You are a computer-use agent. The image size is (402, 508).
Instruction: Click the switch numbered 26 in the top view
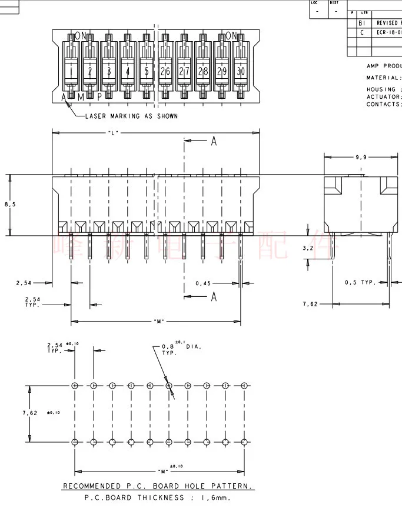(x=165, y=71)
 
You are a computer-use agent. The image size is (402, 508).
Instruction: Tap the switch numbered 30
(x=240, y=71)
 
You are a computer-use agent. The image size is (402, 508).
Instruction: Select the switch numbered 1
(x=71, y=71)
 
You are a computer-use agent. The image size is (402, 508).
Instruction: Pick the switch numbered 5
(x=146, y=71)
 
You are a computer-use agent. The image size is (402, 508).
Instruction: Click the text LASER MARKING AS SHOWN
(x=131, y=116)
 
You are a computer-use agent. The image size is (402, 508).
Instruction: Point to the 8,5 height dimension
(x=10, y=205)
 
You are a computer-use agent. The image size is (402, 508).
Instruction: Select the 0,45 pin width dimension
(x=203, y=283)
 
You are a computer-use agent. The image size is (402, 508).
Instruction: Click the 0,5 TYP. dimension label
(x=360, y=283)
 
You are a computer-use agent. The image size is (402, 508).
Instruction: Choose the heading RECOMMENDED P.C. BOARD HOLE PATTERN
(x=158, y=486)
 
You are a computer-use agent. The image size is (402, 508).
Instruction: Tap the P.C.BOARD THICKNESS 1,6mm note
(x=158, y=497)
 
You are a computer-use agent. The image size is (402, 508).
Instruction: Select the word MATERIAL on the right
(x=383, y=78)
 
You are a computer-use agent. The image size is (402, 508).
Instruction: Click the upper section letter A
(x=214, y=141)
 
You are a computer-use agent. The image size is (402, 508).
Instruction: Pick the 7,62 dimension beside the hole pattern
(x=29, y=413)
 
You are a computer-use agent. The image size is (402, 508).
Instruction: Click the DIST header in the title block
(x=334, y=3)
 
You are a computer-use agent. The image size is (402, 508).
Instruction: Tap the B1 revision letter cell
(x=362, y=23)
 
